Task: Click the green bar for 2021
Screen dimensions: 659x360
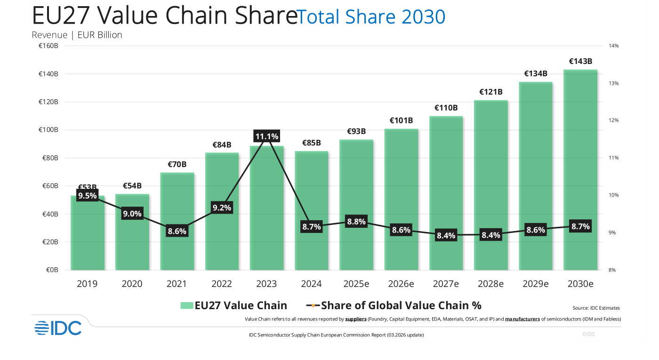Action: click(177, 221)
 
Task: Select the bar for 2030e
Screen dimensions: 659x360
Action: click(580, 170)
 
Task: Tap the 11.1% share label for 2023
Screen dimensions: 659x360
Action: click(266, 136)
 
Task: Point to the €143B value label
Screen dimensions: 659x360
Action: click(580, 61)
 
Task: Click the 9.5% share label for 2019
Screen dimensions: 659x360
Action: click(88, 196)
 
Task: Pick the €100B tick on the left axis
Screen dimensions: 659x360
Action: click(48, 130)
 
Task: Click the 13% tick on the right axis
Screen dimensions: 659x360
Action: click(614, 83)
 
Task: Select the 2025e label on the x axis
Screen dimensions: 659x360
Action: click(356, 283)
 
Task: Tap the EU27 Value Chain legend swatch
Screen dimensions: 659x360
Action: click(187, 305)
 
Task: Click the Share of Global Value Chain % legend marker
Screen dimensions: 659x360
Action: click(313, 305)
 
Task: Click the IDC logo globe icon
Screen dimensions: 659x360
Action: click(42, 328)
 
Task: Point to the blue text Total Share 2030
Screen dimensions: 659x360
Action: click(371, 16)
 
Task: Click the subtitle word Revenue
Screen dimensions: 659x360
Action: click(49, 35)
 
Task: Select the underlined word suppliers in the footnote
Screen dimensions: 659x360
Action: click(356, 319)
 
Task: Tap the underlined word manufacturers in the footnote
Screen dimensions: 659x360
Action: click(522, 319)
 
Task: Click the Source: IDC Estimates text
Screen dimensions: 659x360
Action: click(596, 308)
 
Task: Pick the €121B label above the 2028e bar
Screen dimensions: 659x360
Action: click(491, 92)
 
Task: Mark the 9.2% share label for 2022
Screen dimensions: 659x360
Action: click(222, 208)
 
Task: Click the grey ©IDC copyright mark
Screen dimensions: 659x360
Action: click(588, 334)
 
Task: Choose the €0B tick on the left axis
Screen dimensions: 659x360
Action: click(52, 270)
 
